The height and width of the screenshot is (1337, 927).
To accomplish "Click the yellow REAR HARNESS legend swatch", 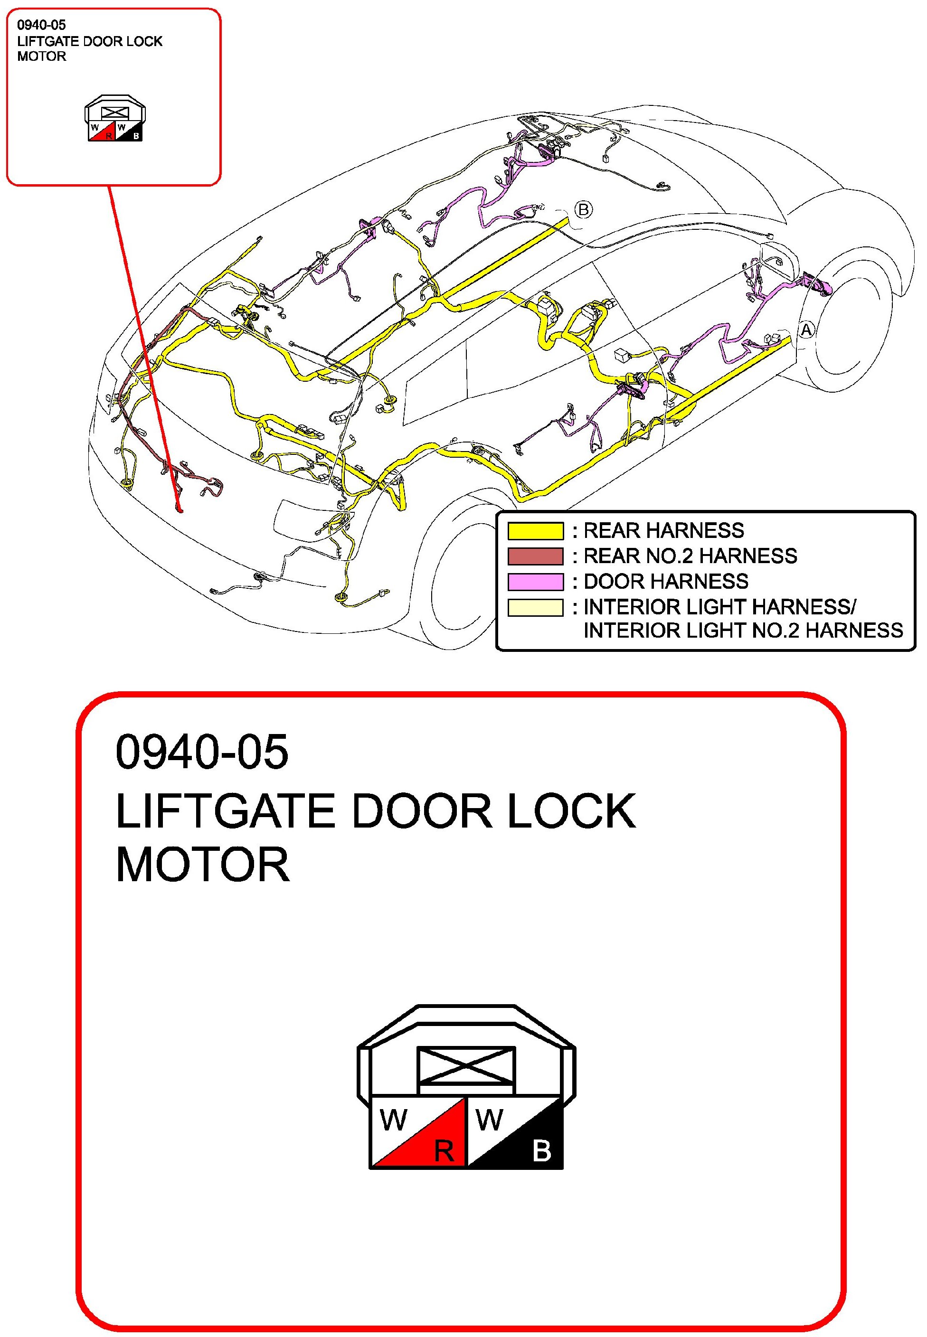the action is tap(536, 531).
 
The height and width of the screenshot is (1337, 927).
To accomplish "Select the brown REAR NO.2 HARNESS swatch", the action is tap(536, 556).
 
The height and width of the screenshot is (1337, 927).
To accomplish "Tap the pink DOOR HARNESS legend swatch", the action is tap(536, 582).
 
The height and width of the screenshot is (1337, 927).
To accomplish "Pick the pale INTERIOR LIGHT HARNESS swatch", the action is tap(536, 607).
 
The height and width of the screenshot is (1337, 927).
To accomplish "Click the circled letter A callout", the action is tap(806, 330).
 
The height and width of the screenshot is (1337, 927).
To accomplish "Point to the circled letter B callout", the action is tap(584, 209).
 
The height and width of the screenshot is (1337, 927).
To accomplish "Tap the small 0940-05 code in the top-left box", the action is tap(41, 25).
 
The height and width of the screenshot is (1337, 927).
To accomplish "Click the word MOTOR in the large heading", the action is tap(203, 865).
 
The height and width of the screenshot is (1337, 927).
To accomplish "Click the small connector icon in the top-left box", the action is tap(115, 118).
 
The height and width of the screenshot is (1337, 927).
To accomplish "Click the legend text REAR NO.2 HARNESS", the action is tap(690, 556).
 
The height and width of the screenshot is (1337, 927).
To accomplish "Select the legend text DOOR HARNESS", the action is tap(666, 582).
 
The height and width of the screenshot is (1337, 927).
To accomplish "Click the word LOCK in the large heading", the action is tap(571, 811).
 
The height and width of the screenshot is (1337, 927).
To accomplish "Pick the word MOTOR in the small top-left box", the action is tap(42, 56).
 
